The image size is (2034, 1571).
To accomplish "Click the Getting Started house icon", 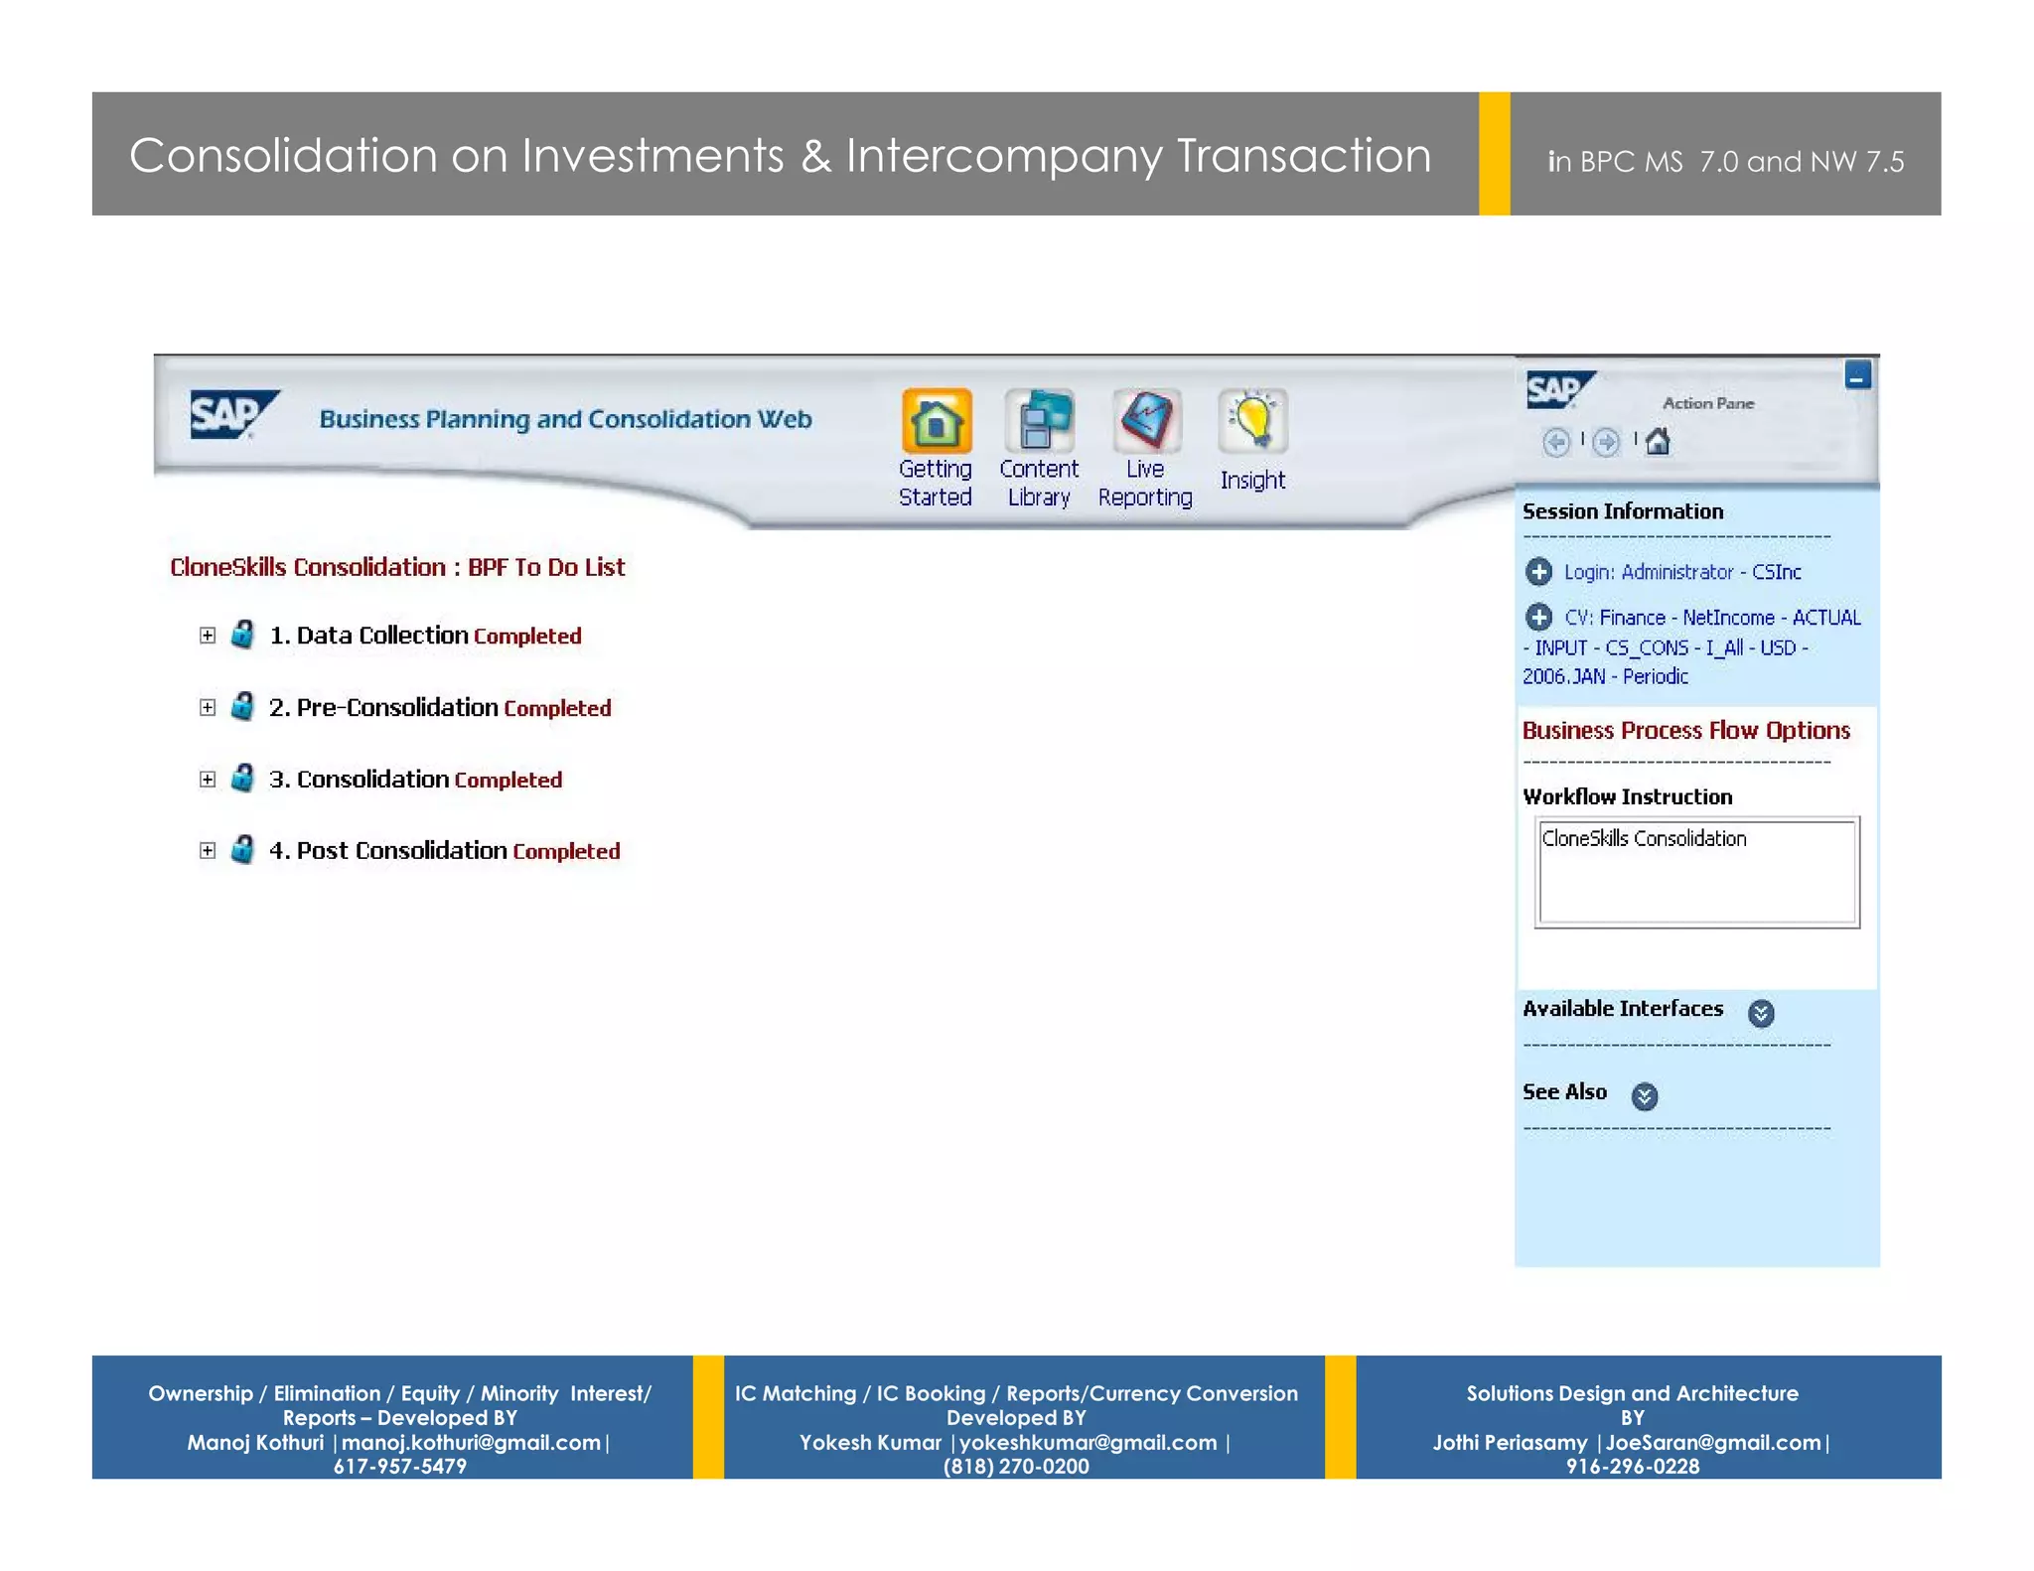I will tap(936, 421).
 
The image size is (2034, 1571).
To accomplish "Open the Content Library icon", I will tap(1039, 421).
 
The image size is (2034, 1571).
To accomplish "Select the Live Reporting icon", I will tap(1146, 421).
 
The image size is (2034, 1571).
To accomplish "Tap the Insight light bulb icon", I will tap(1252, 421).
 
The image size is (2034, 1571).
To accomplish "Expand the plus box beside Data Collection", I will tap(208, 636).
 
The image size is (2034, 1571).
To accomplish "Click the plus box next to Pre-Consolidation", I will tap(208, 707).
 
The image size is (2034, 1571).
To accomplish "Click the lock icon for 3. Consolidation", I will tap(242, 778).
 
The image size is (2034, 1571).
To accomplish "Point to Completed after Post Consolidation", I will tap(566, 852).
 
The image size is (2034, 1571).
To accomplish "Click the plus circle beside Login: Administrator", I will tap(1538, 572).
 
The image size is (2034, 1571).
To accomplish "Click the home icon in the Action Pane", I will tap(1658, 441).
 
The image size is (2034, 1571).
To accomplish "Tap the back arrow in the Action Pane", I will tap(1556, 442).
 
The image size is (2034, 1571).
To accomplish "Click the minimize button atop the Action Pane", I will tap(1857, 375).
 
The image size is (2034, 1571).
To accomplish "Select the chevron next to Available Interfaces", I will tap(1761, 1013).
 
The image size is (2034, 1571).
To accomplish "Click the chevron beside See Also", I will tap(1645, 1096).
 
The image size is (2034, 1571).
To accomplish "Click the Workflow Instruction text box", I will tap(1696, 874).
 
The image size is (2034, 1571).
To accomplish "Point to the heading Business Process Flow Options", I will tap(1685, 731).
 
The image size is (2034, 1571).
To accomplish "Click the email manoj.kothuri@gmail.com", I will tap(471, 1443).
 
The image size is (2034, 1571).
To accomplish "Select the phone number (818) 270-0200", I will tap(1016, 1467).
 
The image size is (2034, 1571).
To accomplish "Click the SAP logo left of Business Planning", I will tap(233, 415).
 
